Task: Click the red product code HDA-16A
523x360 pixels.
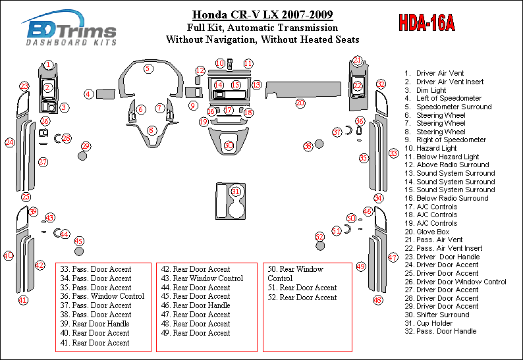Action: point(426,24)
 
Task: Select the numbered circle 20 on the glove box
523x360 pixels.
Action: point(300,103)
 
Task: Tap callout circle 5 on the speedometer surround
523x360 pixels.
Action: point(149,68)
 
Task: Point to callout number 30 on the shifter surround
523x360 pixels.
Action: point(229,145)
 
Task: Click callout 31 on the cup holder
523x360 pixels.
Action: point(235,191)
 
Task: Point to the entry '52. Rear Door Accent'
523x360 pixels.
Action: point(302,297)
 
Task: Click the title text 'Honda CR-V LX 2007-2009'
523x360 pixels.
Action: point(262,14)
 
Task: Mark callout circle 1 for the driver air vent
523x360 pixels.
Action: point(49,64)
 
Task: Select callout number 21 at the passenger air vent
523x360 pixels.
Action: point(357,61)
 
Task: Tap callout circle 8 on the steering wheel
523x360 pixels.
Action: point(151,130)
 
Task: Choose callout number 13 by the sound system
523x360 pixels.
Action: point(256,85)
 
